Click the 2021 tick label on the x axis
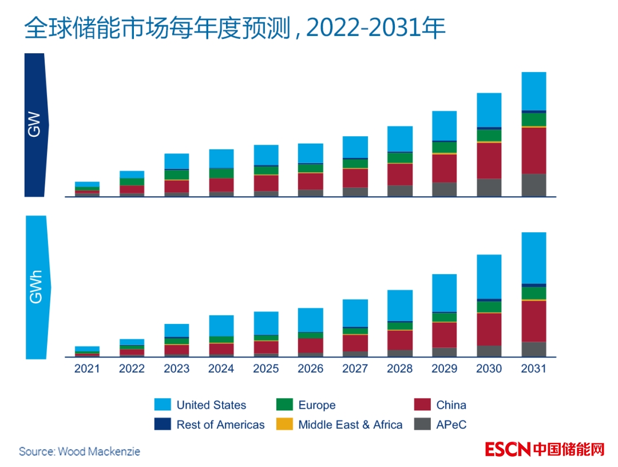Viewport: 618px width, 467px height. (87, 369)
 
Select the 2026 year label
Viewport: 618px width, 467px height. (310, 369)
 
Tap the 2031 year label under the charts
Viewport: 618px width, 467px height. (533, 369)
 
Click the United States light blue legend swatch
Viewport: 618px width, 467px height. (163, 405)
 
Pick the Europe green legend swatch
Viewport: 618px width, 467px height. (284, 405)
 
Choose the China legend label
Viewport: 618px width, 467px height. (451, 405)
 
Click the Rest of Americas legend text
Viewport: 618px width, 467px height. (220, 425)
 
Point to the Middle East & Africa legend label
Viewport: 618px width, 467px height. (350, 425)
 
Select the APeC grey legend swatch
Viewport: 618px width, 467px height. (422, 425)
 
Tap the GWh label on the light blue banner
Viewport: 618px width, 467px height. (35, 287)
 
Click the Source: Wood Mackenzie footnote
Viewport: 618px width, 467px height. (80, 452)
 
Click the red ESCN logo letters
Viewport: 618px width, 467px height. (508, 449)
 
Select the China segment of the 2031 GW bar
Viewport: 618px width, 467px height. (533, 150)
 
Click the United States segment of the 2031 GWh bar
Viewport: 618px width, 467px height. (533, 258)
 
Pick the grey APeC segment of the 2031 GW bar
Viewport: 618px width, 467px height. (533, 185)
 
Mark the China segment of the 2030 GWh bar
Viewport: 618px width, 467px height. (489, 329)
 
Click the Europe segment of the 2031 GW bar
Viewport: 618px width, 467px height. (533, 119)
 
